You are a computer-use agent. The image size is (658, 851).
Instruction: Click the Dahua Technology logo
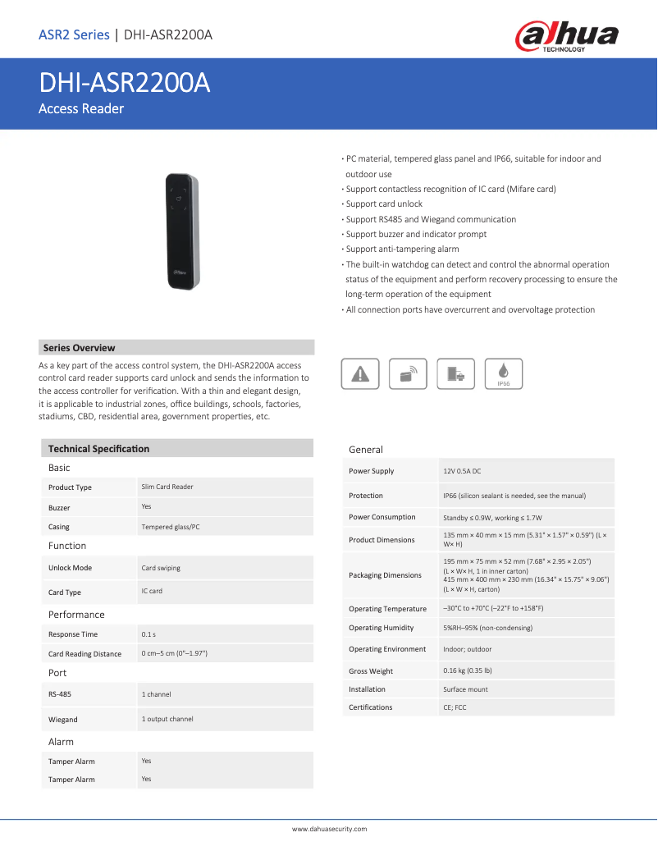pyautogui.click(x=566, y=37)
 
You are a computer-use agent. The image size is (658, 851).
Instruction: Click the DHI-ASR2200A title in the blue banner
pyautogui.click(x=125, y=84)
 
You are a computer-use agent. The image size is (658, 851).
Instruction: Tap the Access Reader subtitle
pyautogui.click(x=81, y=109)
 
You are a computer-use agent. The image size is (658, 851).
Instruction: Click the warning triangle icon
pyautogui.click(x=359, y=373)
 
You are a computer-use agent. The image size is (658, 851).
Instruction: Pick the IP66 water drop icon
pyautogui.click(x=504, y=373)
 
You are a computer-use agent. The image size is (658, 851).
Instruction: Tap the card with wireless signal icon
pyautogui.click(x=408, y=373)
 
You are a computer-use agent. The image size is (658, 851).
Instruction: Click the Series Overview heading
pyautogui.click(x=79, y=348)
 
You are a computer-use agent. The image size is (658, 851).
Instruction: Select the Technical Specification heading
pyautogui.click(x=98, y=449)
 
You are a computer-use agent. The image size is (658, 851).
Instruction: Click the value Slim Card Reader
pyautogui.click(x=167, y=487)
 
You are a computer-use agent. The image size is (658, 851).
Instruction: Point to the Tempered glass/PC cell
pyautogui.click(x=170, y=527)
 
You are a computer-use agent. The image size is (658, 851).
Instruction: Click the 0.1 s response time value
pyautogui.click(x=149, y=634)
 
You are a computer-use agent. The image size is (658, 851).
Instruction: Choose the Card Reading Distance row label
pyautogui.click(x=85, y=654)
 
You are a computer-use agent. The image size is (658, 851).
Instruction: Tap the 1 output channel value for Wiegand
pyautogui.click(x=167, y=719)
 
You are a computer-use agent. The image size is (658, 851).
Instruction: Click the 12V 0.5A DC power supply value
pyautogui.click(x=462, y=471)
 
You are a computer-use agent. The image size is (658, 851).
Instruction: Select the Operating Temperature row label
pyautogui.click(x=387, y=609)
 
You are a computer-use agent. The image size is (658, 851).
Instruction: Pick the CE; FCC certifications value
pyautogui.click(x=455, y=707)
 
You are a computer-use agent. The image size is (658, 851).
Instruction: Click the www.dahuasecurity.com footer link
pyautogui.click(x=329, y=829)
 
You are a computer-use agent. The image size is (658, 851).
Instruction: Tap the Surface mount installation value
pyautogui.click(x=465, y=689)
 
